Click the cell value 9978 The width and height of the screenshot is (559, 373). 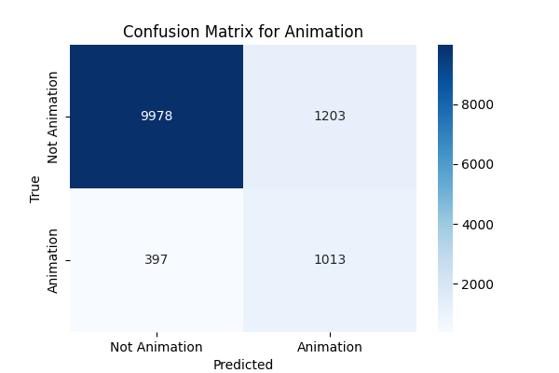[x=157, y=117]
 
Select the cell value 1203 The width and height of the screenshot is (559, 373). [x=330, y=117]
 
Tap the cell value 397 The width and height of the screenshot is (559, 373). [x=157, y=259]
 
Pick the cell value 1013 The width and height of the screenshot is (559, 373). [x=330, y=259]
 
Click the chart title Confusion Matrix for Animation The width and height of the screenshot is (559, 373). [x=243, y=32]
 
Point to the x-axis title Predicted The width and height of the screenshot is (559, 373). [x=243, y=365]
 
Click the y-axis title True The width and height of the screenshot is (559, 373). [x=35, y=188]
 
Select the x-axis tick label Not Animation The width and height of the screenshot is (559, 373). [x=157, y=347]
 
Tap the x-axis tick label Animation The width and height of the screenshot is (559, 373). [x=330, y=347]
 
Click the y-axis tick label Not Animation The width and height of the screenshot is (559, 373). [x=53, y=117]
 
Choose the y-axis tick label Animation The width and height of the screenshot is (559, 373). [x=53, y=260]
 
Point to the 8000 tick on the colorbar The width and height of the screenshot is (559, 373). [x=476, y=104]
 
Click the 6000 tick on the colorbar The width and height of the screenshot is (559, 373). [x=476, y=164]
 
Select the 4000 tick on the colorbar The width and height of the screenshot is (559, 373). [x=476, y=224]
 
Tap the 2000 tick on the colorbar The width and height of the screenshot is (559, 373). [x=476, y=283]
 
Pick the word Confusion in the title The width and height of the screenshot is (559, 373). [x=158, y=32]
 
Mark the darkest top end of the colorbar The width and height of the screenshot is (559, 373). [x=444, y=48]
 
